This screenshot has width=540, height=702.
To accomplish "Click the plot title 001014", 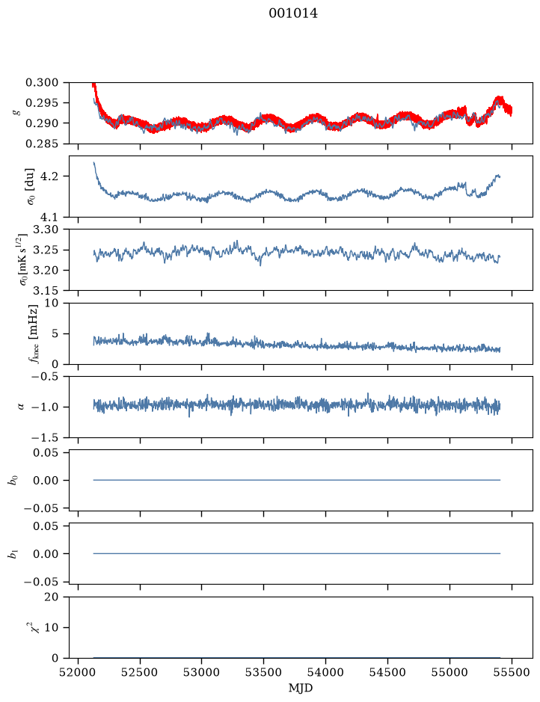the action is click(x=293, y=13).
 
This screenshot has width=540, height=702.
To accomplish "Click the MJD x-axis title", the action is click(x=301, y=688).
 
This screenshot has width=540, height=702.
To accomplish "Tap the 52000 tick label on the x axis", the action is click(x=78, y=672).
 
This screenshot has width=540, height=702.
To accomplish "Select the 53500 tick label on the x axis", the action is click(x=263, y=672).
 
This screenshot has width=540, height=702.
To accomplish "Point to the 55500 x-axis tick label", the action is click(x=512, y=672).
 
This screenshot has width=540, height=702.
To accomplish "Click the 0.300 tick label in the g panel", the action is click(x=42, y=82).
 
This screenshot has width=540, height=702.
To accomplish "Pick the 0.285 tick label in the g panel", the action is click(x=42, y=144).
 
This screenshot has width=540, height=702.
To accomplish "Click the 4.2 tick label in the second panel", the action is click(x=49, y=176).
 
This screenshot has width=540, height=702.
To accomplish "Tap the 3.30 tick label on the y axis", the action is click(x=46, y=230).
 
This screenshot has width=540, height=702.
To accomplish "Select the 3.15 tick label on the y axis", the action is click(x=46, y=291).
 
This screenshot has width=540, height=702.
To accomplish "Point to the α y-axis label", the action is click(x=19, y=407).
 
